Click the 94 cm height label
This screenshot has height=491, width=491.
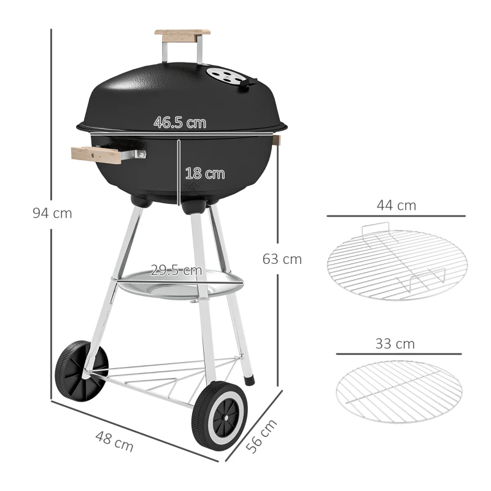tap(52, 214)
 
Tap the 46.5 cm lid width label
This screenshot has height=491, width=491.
tap(179, 123)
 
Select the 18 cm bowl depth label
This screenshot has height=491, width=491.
tap(204, 174)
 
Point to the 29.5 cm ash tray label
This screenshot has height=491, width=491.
tap(177, 270)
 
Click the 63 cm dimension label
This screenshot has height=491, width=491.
tap(282, 259)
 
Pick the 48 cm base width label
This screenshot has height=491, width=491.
tap(114, 441)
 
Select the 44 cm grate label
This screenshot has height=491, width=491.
tap(396, 206)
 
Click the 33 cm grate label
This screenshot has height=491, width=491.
tap(395, 344)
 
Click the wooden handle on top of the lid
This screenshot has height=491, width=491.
tap(182, 35)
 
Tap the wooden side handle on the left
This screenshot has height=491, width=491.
tap(96, 155)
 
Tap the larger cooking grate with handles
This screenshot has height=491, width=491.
tap(396, 265)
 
